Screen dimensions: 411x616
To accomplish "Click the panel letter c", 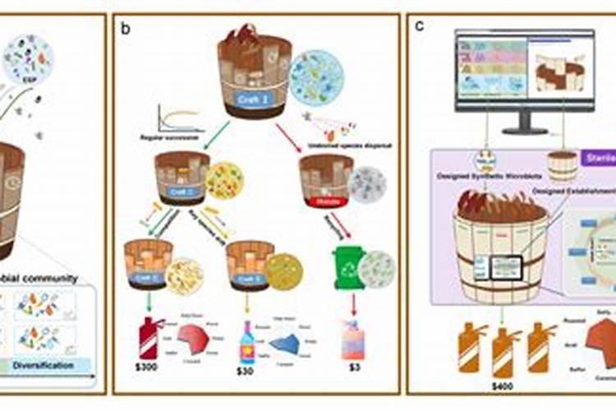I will [x=419, y=25].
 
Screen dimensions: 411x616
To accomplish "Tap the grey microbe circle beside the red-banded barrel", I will [x=366, y=184].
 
